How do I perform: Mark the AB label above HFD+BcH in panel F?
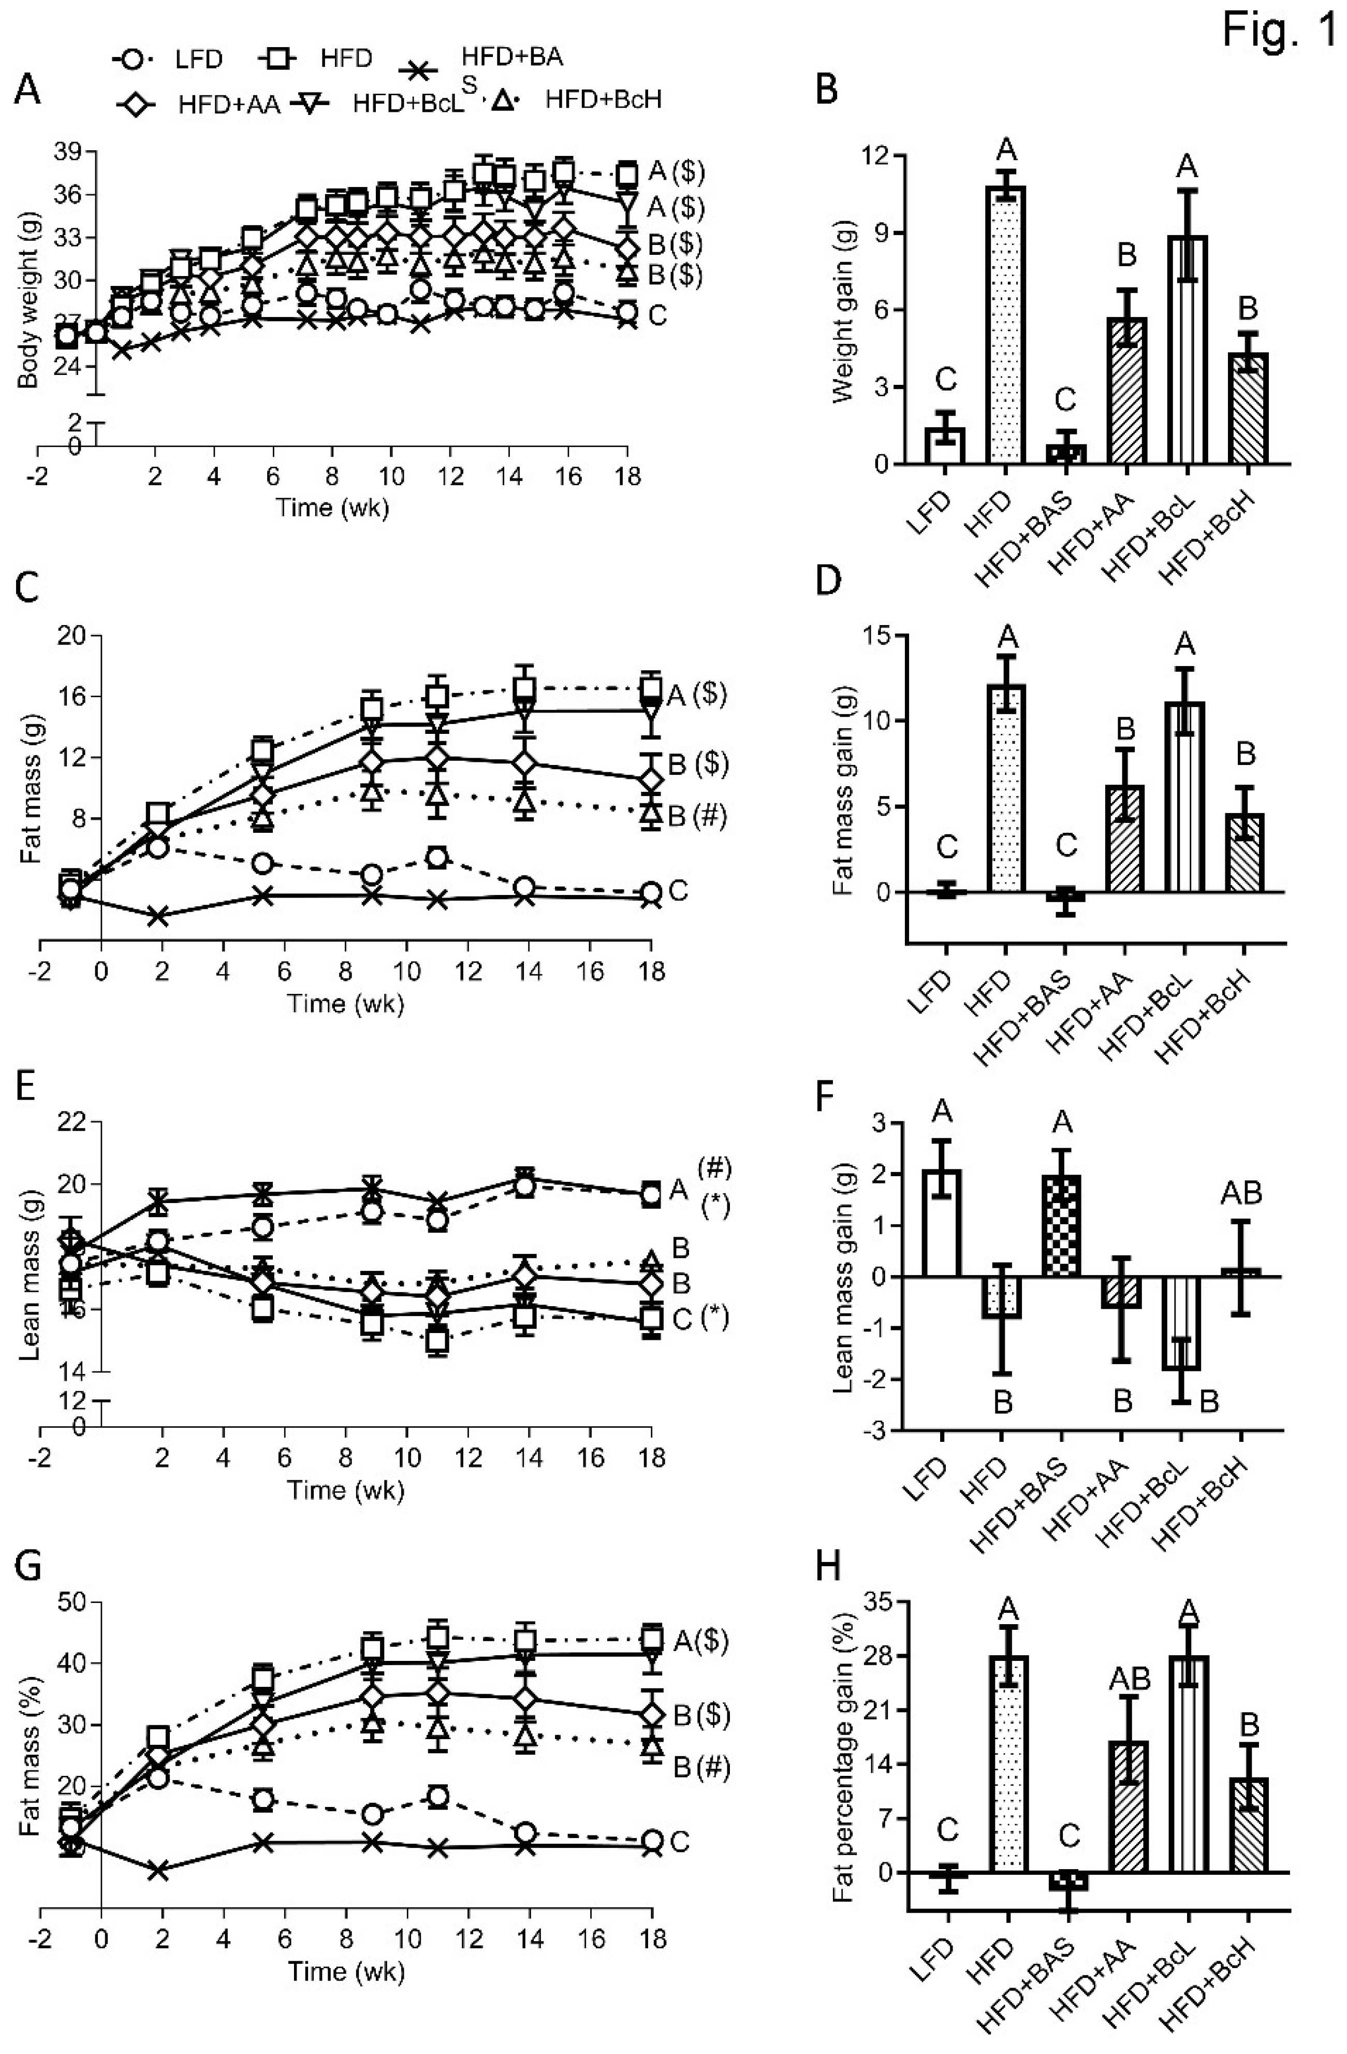1241,1194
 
